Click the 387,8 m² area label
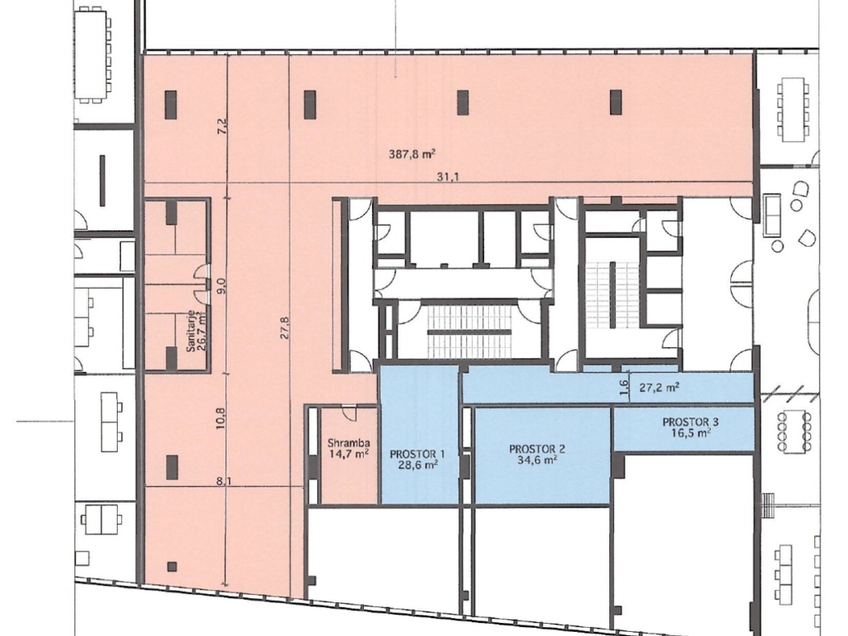(412, 154)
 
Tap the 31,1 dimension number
(449, 176)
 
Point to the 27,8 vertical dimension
(285, 327)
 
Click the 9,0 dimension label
(221, 285)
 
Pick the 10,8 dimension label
(221, 418)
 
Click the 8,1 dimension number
(224, 480)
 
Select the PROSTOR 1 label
(417, 454)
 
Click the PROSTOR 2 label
(537, 448)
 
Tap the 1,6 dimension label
(624, 387)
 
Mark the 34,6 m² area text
(537, 460)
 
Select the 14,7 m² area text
(349, 454)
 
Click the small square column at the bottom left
(172, 567)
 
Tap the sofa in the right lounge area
(771, 215)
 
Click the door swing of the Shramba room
(349, 413)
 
